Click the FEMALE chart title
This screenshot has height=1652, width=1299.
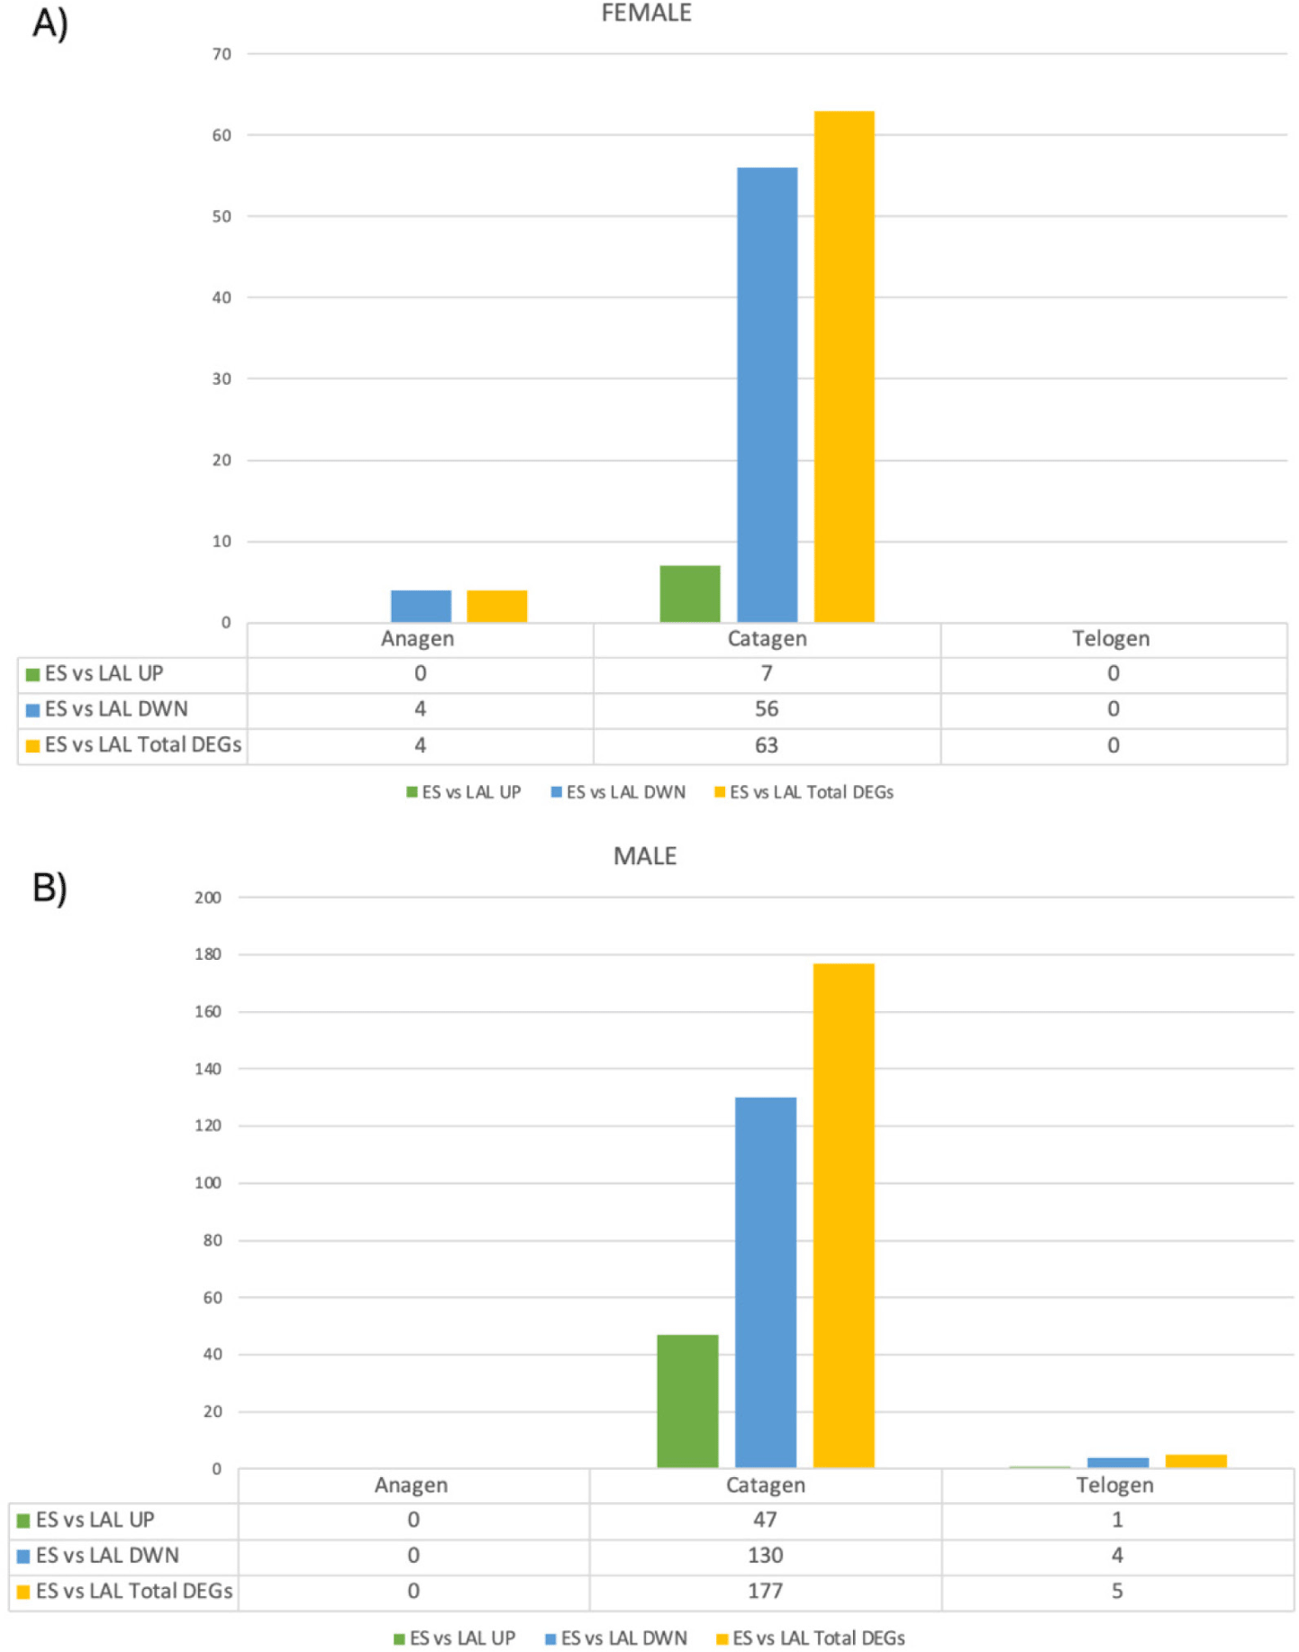click(646, 14)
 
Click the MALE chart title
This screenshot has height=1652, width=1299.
click(645, 855)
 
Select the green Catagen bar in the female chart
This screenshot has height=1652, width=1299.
click(690, 594)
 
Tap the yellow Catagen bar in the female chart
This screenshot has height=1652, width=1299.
click(844, 367)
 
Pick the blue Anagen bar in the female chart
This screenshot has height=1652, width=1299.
click(421, 606)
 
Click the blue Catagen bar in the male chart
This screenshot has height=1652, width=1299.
click(766, 1282)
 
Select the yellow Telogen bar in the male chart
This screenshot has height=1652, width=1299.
click(1195, 1461)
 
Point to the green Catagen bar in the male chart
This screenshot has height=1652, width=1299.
click(688, 1401)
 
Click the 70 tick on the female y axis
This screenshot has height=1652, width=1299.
click(222, 54)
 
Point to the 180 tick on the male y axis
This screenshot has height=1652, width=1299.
click(208, 954)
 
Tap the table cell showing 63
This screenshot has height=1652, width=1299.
click(767, 745)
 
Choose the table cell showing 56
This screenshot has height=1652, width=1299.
click(767, 709)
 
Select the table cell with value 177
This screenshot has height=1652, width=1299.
click(765, 1591)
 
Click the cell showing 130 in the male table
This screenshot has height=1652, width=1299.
click(765, 1555)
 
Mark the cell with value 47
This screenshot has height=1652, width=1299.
click(765, 1520)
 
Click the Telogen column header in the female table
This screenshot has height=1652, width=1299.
click(1111, 639)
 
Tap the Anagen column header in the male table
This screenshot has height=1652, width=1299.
click(411, 1484)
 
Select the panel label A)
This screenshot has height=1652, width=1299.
click(50, 23)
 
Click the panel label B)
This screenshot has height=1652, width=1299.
click(50, 888)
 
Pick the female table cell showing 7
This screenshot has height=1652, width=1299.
click(767, 673)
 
